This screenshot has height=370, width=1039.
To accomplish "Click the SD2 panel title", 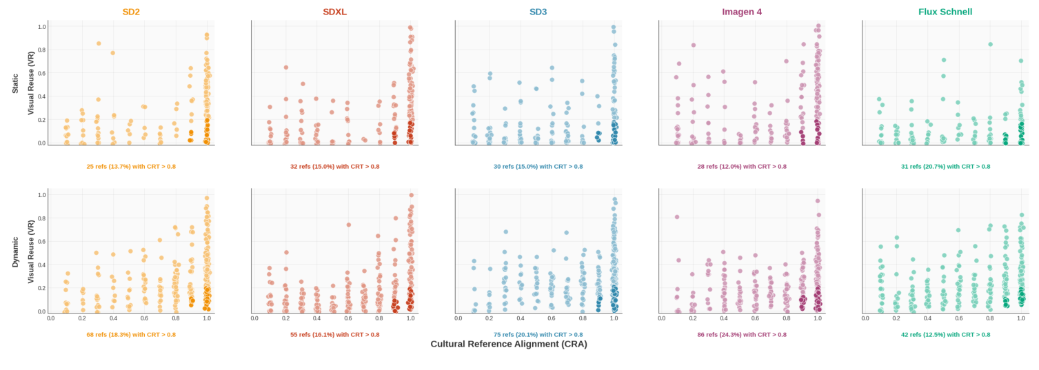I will click(x=131, y=12).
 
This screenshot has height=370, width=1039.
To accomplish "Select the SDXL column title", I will click(x=334, y=12).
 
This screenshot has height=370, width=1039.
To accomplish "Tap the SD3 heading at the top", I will click(x=538, y=12).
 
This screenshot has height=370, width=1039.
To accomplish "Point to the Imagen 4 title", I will click(x=742, y=12).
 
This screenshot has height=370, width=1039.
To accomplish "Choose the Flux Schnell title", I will click(x=945, y=12).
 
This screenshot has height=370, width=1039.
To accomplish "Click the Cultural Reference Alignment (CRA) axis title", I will click(x=509, y=344).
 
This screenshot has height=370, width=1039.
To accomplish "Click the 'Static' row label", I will click(x=15, y=83).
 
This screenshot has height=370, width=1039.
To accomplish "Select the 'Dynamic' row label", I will click(x=15, y=251).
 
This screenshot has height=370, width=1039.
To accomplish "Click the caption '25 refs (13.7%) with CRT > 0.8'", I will click(x=131, y=166).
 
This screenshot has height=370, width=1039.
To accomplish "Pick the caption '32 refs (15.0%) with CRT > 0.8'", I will click(x=334, y=166).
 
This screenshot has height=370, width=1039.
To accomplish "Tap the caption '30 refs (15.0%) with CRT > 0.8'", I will click(x=538, y=166).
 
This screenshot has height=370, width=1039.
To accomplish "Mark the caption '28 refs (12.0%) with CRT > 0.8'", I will click(x=742, y=166).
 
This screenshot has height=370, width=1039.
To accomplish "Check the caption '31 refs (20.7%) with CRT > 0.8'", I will click(x=945, y=166).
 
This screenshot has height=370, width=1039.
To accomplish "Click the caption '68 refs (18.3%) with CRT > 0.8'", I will click(x=131, y=334).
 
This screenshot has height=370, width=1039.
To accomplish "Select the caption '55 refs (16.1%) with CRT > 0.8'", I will click(x=334, y=334).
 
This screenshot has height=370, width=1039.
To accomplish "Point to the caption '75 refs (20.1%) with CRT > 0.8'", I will click(x=538, y=334).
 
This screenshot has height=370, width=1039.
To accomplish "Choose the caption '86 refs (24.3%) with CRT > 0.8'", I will click(x=742, y=334).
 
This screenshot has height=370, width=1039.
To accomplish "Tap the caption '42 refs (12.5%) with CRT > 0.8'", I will click(x=945, y=334).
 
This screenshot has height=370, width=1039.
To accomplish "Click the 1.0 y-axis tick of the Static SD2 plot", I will click(x=41, y=27).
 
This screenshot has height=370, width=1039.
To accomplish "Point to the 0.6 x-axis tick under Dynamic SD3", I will click(x=552, y=318).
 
